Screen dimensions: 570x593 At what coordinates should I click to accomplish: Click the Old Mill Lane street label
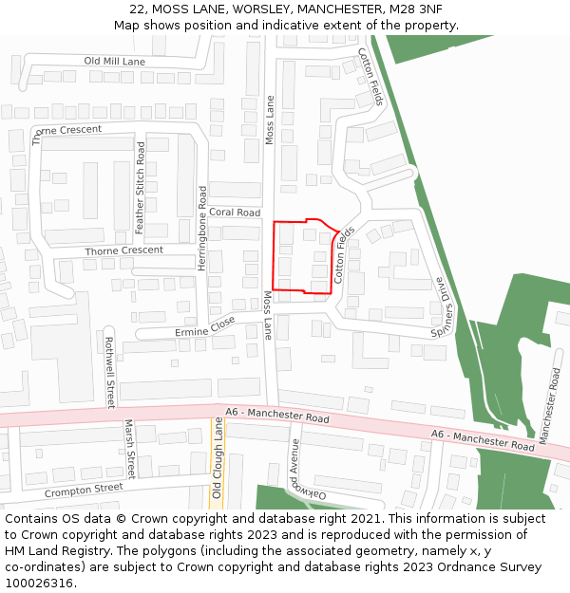[114, 61]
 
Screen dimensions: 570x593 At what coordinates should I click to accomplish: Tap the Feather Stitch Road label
[141, 188]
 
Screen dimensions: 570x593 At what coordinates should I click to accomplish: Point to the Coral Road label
[235, 213]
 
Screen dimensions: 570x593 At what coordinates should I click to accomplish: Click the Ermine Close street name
[205, 326]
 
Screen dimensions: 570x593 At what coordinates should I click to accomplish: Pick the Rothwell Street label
[109, 372]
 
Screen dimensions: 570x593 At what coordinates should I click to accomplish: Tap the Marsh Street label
[130, 450]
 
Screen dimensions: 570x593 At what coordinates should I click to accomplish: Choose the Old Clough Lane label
[218, 460]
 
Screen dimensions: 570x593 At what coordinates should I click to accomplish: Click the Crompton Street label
[84, 491]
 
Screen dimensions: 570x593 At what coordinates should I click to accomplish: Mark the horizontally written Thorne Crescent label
[123, 250]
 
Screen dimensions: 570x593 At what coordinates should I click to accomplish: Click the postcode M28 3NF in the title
[411, 9]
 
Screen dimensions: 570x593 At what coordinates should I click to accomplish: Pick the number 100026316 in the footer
[41, 584]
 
